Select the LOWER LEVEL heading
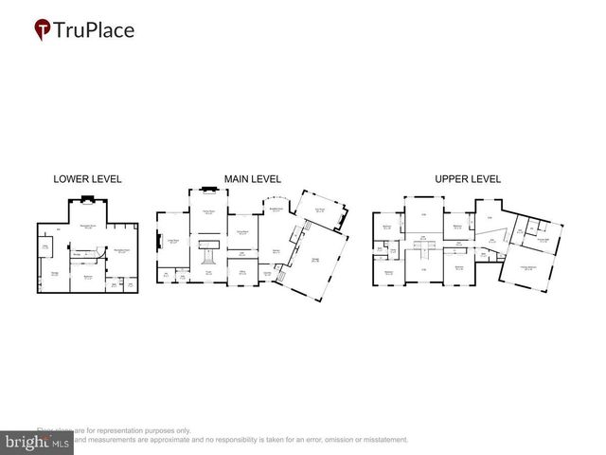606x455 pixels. pos(88,179)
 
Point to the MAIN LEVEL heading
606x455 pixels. pos(252,178)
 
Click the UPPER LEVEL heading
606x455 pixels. pos(468,178)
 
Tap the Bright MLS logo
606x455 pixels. pos(35,441)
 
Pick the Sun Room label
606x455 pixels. pos(320,210)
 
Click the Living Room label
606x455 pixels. pos(173,242)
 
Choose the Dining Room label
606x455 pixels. pos(242,233)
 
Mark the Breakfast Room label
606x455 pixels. pos(276,210)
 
